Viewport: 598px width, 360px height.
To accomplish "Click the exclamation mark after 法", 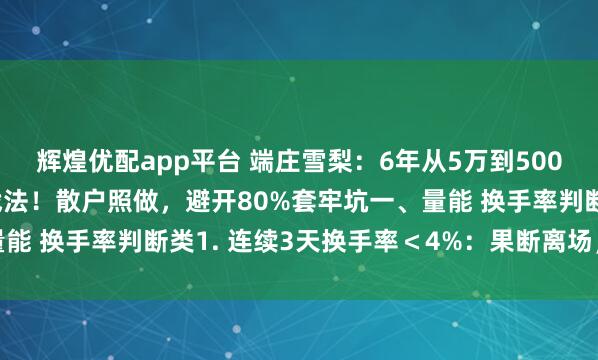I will pos(42,196).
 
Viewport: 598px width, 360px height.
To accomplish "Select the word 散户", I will pos(80,196).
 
